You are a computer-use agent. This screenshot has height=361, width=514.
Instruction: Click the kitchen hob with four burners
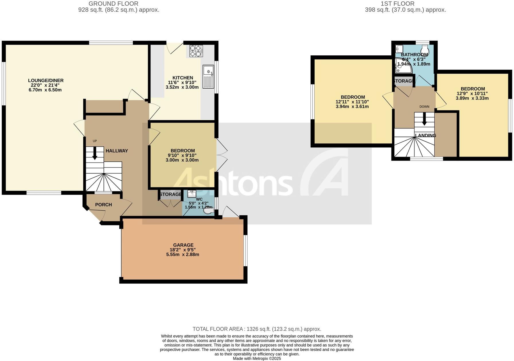click(196, 51)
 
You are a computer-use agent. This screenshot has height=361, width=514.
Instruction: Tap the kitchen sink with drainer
click(208, 77)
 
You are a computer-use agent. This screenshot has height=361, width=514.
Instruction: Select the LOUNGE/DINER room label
click(46, 81)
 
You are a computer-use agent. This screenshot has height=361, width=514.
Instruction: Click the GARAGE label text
click(183, 245)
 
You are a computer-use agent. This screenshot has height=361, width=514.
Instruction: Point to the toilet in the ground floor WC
click(209, 211)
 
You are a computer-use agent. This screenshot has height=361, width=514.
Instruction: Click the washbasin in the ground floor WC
click(191, 194)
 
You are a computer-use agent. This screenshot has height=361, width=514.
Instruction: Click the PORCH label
click(104, 205)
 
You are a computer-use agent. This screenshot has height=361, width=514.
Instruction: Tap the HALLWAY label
click(117, 151)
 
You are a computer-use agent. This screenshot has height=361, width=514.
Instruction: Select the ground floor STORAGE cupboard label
click(170, 194)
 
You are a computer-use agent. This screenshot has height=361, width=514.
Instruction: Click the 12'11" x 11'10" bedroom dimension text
click(352, 102)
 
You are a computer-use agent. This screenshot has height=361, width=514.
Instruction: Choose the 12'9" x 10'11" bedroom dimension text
click(472, 93)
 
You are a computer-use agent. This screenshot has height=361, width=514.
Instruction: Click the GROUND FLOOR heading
click(113, 4)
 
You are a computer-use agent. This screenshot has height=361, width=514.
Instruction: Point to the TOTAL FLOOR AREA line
click(257, 329)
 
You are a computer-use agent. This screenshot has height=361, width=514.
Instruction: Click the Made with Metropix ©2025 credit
click(257, 358)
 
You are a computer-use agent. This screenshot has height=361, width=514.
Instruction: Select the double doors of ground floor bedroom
click(221, 156)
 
